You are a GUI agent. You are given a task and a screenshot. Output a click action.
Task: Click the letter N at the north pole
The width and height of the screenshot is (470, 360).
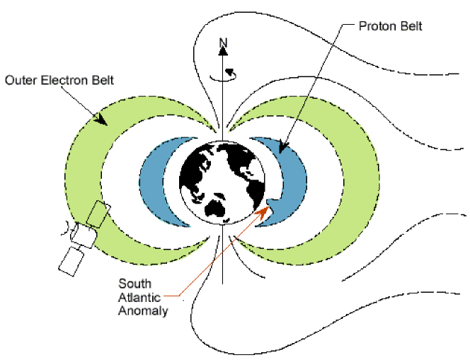coord(223,44)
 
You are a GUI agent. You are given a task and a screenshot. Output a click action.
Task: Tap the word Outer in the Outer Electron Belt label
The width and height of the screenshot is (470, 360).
coord(20,80)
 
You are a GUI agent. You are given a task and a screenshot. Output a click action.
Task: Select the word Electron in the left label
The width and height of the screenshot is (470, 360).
coord(62,80)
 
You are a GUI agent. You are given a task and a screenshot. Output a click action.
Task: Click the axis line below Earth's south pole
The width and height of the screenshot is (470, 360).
coord(223,255)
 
